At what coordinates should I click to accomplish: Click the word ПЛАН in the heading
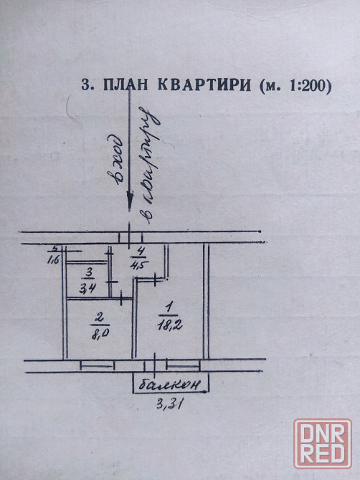click(x=125, y=85)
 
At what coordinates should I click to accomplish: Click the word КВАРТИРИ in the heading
click(x=204, y=85)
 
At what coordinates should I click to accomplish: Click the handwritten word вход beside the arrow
click(x=115, y=160)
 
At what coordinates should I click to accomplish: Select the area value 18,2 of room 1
click(x=170, y=325)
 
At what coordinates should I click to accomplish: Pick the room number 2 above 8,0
click(x=99, y=318)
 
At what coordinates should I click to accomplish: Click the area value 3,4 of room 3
click(x=87, y=288)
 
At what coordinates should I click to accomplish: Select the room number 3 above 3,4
click(x=89, y=272)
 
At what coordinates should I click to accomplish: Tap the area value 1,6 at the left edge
click(x=53, y=260)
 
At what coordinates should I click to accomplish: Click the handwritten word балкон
click(x=170, y=385)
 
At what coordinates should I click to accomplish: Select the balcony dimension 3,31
click(x=169, y=405)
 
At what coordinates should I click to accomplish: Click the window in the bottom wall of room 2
click(x=97, y=365)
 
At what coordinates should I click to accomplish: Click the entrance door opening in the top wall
click(x=131, y=237)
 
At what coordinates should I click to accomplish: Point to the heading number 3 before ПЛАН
click(x=87, y=85)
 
